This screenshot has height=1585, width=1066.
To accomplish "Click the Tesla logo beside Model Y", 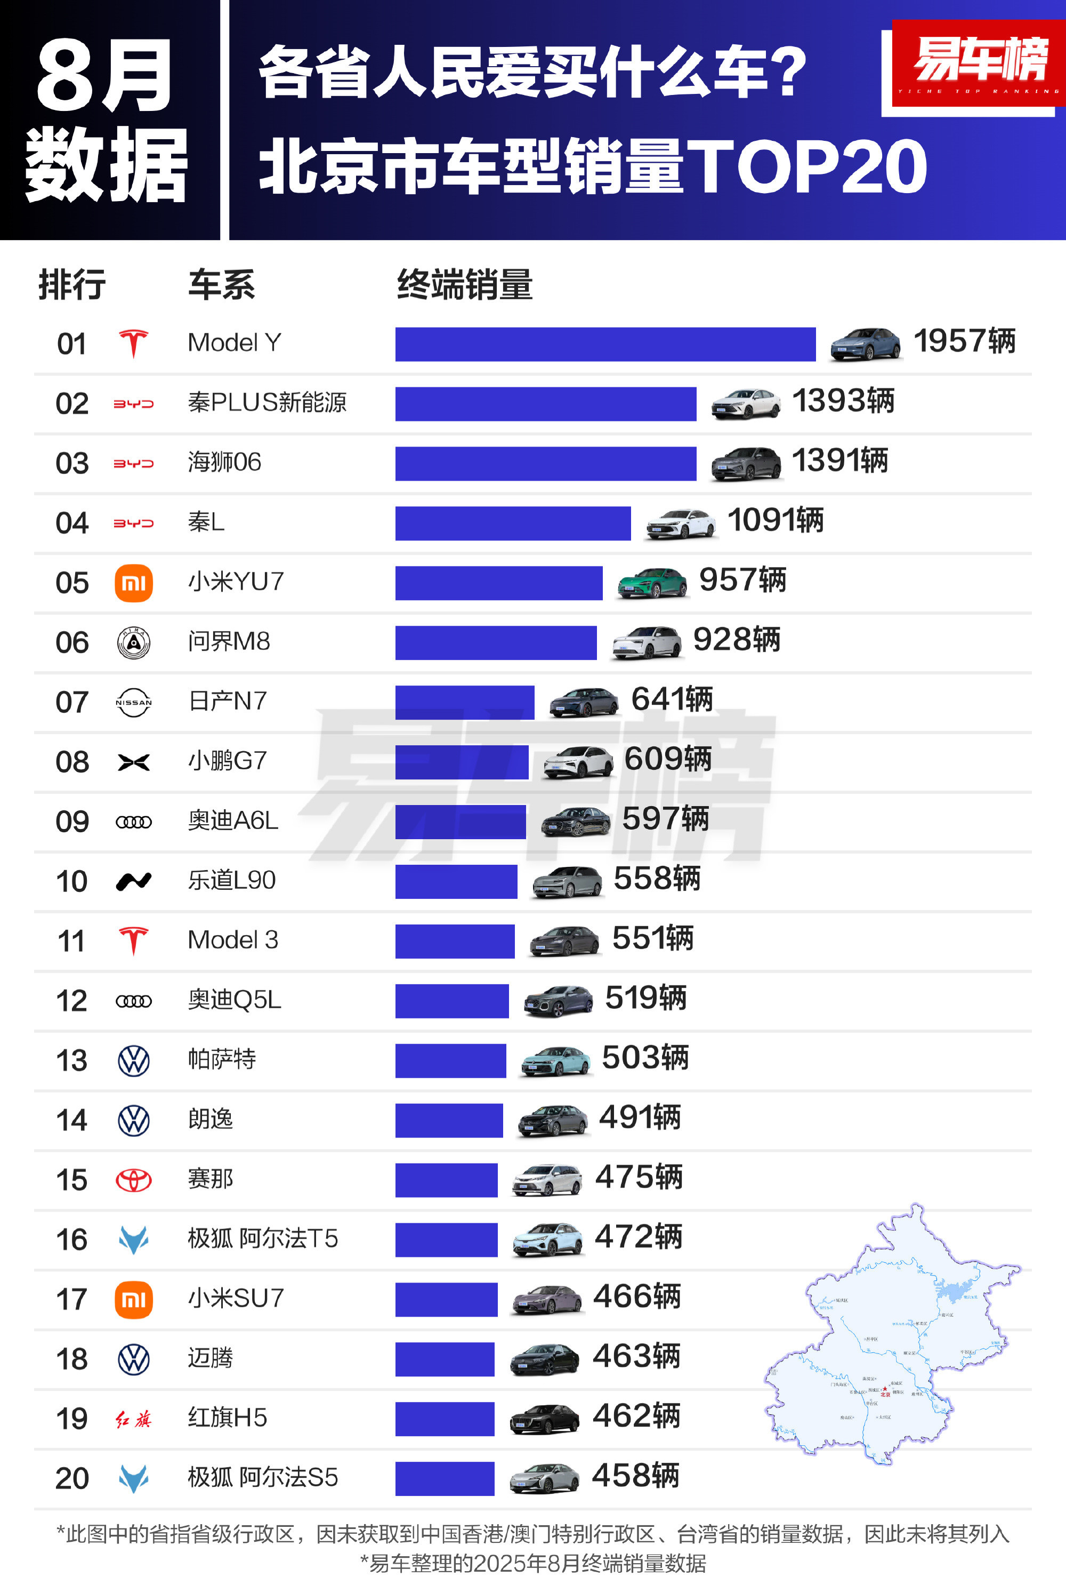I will click(x=133, y=344).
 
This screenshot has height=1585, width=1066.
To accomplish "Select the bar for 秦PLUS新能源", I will click(x=545, y=404).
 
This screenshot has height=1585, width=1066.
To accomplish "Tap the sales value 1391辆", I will click(x=839, y=460).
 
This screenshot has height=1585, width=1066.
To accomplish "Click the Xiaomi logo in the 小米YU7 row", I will click(x=133, y=583).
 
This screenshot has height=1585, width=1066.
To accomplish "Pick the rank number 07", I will click(x=72, y=703).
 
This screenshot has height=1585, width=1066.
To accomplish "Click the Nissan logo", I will click(x=133, y=703).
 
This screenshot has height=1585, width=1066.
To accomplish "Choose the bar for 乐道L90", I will click(x=456, y=882).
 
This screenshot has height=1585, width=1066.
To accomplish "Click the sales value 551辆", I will click(x=652, y=939).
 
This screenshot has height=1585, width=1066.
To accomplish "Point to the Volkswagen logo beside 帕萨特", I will click(x=133, y=1061).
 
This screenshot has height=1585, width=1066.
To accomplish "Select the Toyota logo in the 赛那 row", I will click(x=133, y=1180).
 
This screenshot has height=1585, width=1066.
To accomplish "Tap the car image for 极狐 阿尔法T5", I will click(x=547, y=1239).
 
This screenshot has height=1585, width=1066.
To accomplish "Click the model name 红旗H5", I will click(x=227, y=1417).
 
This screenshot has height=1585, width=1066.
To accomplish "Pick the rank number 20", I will click(x=72, y=1479).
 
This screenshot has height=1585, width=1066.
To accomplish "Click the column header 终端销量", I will click(x=464, y=284).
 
